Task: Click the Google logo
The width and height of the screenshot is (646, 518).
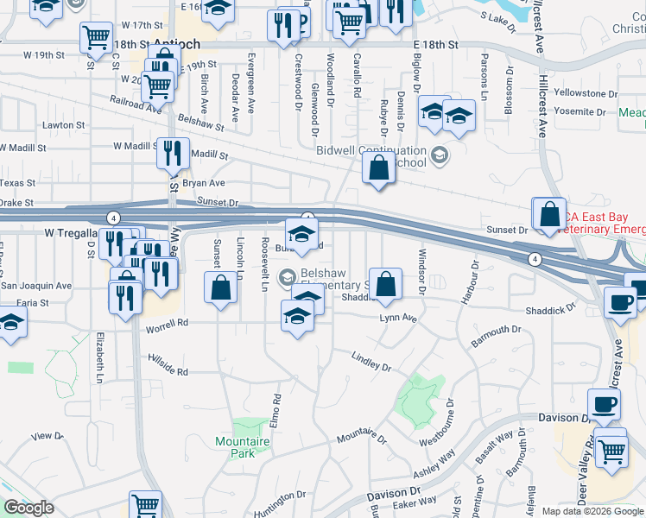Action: (28, 508)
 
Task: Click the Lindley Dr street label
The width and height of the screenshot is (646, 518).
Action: (371, 361)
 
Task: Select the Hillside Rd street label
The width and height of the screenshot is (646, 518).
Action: (168, 367)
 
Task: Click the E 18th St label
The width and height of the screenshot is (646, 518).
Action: (435, 42)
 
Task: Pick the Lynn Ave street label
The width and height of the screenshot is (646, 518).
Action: (398, 319)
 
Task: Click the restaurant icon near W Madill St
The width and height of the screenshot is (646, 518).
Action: (173, 153)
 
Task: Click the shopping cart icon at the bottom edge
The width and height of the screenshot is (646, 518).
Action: (145, 505)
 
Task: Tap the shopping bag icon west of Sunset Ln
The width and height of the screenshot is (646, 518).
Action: (221, 287)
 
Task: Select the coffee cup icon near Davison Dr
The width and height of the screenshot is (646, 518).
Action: (604, 403)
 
